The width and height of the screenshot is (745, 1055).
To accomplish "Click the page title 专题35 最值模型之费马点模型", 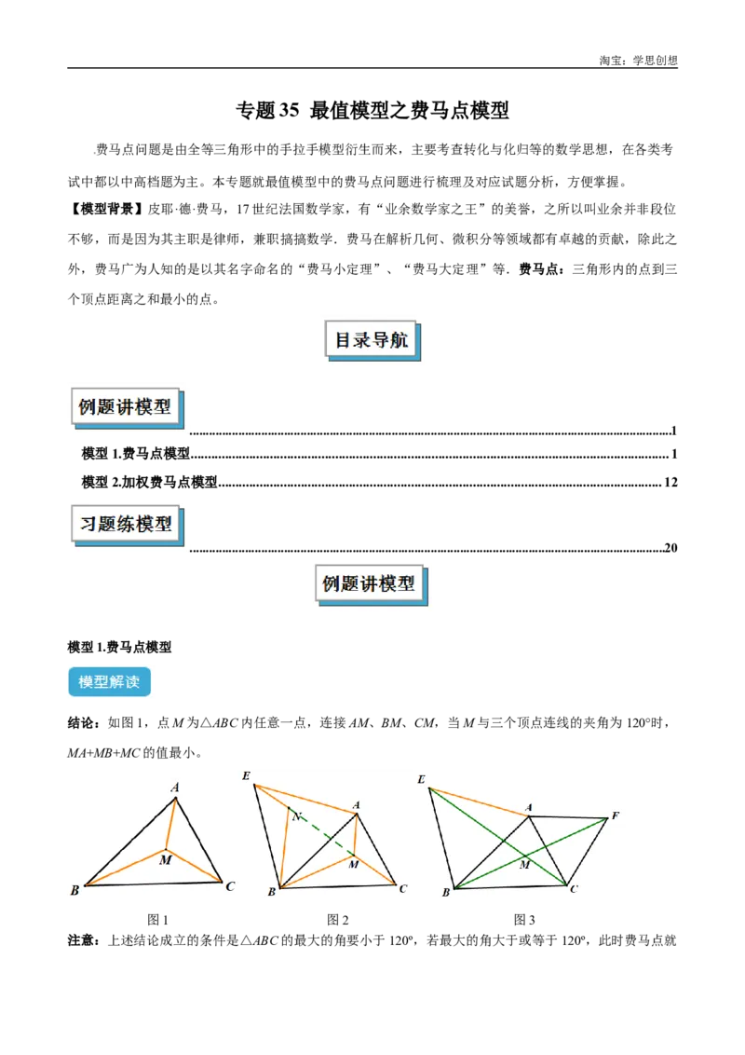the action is pos(372,110).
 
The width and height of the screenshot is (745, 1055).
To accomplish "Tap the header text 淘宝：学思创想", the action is pos(638,61).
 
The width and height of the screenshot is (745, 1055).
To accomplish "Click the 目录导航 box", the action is pos(372,340).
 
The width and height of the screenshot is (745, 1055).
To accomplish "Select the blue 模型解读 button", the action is pos(110,681).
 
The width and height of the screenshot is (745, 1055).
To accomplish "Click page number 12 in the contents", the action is pos(670,483).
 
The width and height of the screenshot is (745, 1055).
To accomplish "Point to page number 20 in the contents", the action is pos(670,548).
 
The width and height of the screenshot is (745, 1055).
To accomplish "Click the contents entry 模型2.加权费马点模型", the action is pos(149,483).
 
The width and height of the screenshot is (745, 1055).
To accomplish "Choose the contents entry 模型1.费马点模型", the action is pos(136,454).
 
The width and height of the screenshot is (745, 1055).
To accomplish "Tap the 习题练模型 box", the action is pos(127,524).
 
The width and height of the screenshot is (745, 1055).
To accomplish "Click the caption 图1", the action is pos(158,920).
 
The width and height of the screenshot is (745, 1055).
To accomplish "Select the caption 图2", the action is pos(337,920).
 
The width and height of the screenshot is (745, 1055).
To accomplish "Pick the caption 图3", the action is pos(524,920).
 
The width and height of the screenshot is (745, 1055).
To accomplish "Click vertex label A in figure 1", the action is pos(175,788).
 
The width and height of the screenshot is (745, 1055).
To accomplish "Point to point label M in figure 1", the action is pos(166,860).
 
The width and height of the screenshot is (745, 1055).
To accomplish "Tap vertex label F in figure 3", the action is pos(615,815).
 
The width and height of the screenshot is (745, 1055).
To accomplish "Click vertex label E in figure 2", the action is pos(246,775).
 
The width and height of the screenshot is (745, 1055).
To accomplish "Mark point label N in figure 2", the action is pos(296,816).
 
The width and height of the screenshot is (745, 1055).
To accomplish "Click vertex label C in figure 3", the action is pos(574,889).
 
